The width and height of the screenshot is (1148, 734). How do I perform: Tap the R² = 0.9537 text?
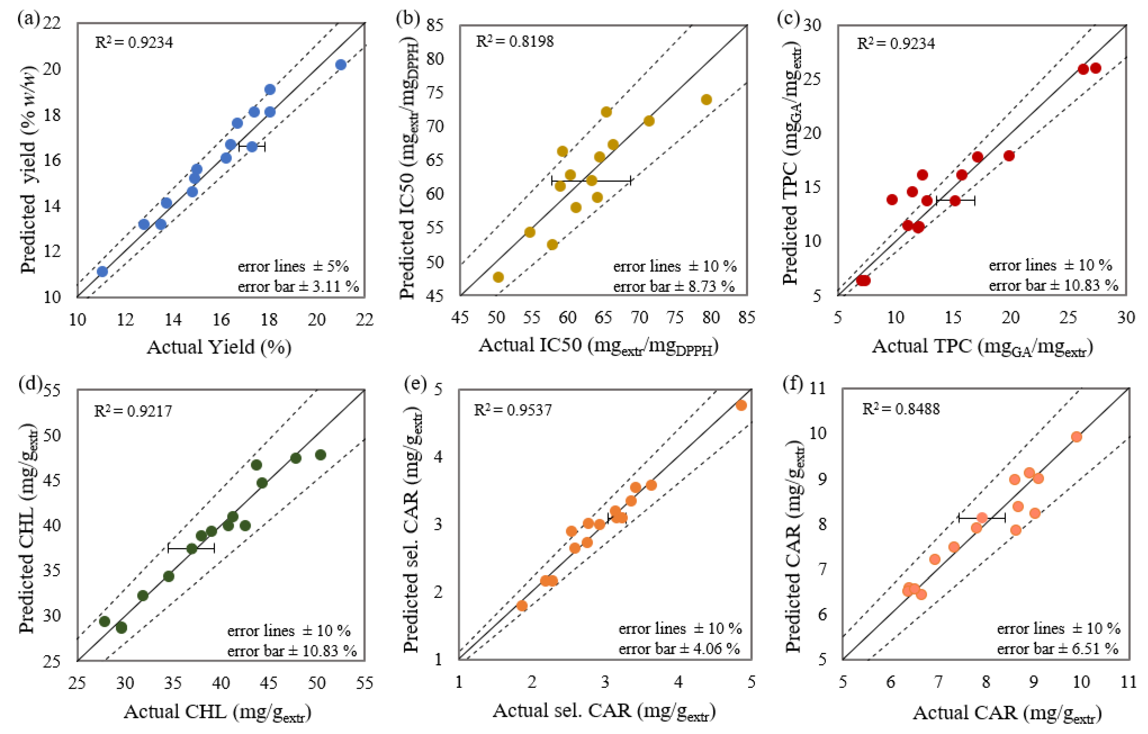[x=512, y=410]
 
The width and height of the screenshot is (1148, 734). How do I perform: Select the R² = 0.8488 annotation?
[x=901, y=409]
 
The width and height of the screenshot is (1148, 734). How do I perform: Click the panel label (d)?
[x=30, y=384]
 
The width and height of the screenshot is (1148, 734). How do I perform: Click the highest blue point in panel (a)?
[x=340, y=65]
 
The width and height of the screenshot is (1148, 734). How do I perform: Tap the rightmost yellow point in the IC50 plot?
[x=706, y=100]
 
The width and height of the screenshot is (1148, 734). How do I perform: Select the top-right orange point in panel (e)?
[x=741, y=406]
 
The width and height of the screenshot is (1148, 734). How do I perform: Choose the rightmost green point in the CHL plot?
[x=320, y=455]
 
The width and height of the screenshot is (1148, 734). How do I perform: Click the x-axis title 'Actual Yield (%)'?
[x=219, y=347]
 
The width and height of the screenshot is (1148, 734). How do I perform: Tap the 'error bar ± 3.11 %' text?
[x=298, y=287]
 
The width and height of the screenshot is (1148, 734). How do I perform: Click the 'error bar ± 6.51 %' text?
[x=1057, y=649]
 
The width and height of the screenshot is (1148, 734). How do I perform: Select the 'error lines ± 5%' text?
[x=293, y=266]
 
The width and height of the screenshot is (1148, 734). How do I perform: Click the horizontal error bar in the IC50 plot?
[x=591, y=181]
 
